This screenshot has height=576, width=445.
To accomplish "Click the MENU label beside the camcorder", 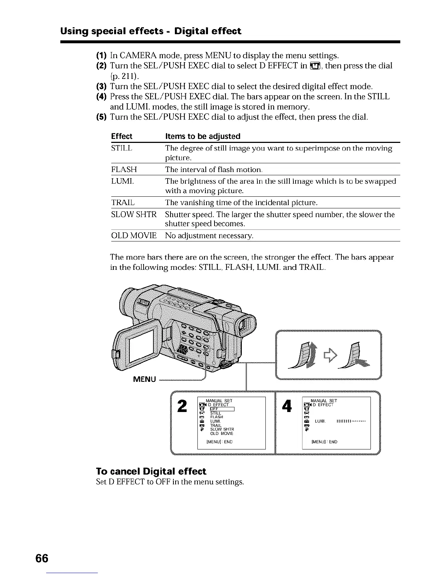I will click(x=145, y=379).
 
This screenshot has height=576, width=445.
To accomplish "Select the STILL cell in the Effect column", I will click(x=121, y=148).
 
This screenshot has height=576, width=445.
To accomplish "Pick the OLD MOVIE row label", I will click(x=133, y=236).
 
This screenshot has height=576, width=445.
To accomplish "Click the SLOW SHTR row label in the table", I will click(x=133, y=215).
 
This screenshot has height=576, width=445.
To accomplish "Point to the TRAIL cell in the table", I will click(x=123, y=202).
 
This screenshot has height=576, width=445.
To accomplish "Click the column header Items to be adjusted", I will click(x=203, y=136).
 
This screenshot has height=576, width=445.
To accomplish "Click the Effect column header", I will click(x=121, y=136).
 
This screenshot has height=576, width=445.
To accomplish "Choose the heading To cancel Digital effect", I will click(x=151, y=471).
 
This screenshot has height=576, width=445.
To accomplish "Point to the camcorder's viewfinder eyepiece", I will click(x=246, y=325).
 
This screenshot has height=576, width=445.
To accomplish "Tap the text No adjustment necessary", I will click(x=209, y=236).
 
